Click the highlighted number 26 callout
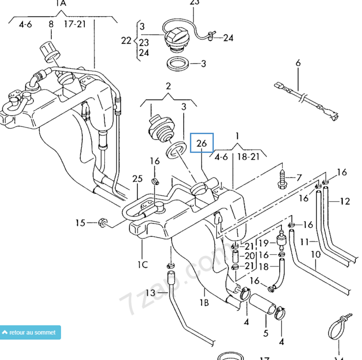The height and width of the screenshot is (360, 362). click(202, 144)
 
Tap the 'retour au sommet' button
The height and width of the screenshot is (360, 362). click(30, 333)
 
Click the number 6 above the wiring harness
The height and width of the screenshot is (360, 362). click(298, 63)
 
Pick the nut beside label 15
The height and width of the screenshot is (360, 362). click(102, 222)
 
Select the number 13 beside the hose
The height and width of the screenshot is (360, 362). click(149, 293)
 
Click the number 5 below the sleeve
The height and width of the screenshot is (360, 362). click(266, 333)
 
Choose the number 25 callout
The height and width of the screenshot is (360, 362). click(137, 180)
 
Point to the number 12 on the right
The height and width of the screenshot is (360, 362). click(344, 201)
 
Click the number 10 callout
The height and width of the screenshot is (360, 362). click(315, 255)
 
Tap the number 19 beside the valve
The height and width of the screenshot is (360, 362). click(263, 244)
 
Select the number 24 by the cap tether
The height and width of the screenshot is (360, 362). click(228, 38)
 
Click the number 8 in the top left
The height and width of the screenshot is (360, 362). click(51, 24)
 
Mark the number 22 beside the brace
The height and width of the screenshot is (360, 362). click(127, 40)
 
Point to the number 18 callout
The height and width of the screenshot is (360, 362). click(263, 267)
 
